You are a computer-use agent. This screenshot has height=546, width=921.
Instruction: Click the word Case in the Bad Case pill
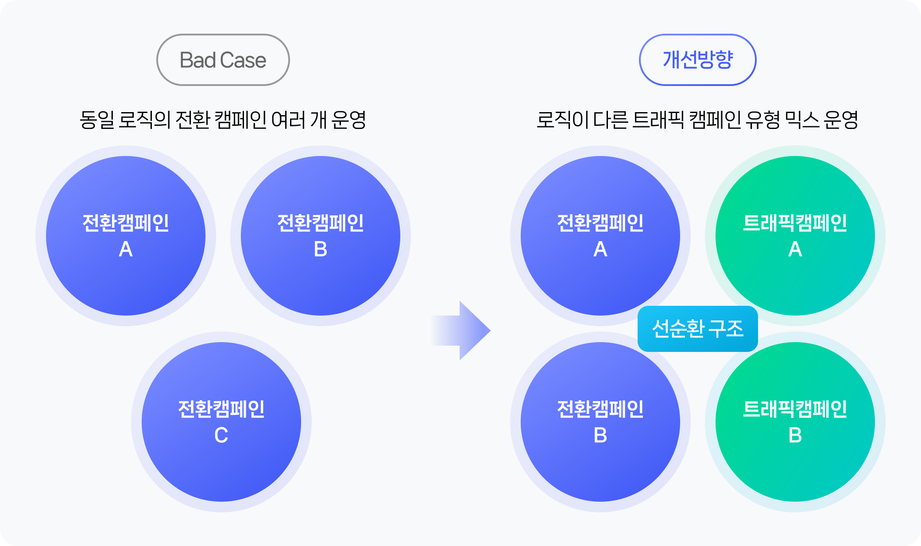(243, 60)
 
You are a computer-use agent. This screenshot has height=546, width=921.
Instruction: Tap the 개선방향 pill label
(698, 60)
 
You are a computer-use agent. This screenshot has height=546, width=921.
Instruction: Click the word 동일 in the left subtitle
(97, 120)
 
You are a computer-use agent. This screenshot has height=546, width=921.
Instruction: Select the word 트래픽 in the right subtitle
(658, 120)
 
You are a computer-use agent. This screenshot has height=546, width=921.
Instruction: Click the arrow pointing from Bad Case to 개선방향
(460, 331)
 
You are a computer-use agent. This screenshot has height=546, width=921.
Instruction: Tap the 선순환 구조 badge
(698, 329)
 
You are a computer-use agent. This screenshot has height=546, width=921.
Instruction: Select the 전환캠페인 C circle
(221, 422)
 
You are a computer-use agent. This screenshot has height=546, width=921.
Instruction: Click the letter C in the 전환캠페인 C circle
(221, 436)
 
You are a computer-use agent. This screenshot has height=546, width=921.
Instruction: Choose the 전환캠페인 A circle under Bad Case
(126, 236)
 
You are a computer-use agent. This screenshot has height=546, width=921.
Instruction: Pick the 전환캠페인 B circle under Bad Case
(321, 236)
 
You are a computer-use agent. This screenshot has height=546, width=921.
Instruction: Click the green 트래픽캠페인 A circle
(795, 236)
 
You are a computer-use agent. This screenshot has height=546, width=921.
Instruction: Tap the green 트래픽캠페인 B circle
(795, 422)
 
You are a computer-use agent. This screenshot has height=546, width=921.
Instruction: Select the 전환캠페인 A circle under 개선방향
(600, 236)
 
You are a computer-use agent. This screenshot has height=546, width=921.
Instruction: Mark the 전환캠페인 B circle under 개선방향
(600, 422)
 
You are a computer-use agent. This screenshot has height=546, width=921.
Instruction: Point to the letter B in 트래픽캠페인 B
(795, 436)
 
